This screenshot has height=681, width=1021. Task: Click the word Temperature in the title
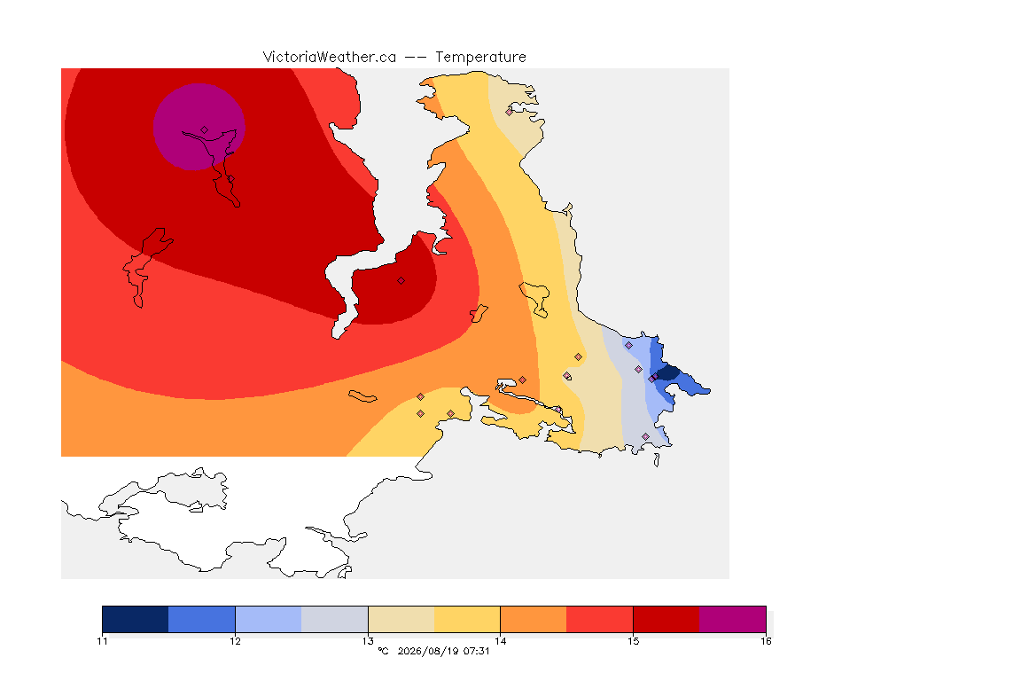coord(480,58)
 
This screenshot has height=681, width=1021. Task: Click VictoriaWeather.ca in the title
coord(330,58)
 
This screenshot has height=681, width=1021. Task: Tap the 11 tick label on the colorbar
coord(102,641)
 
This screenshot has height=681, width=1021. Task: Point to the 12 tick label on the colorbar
coord(235,641)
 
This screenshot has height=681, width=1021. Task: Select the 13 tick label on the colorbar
coord(368,641)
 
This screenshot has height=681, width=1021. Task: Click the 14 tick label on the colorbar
coord(500,641)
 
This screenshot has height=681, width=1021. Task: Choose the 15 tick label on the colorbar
coord(633,641)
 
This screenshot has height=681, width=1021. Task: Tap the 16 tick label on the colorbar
coord(766,641)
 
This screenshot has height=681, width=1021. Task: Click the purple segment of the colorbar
coord(733,619)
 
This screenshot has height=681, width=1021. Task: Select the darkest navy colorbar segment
coord(136,619)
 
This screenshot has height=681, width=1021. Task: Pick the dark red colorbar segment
coord(666,619)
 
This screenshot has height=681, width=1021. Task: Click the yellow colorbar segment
coord(467,619)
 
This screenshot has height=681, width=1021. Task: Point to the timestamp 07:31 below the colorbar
coord(476,651)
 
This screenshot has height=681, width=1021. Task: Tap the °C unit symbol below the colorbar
coord(383,651)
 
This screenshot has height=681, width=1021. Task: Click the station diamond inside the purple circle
coord(205,130)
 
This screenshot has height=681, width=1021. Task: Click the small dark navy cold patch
coord(668,373)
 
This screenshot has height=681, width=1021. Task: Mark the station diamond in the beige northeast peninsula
coord(510,112)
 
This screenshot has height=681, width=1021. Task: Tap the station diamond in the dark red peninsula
coord(401,281)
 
